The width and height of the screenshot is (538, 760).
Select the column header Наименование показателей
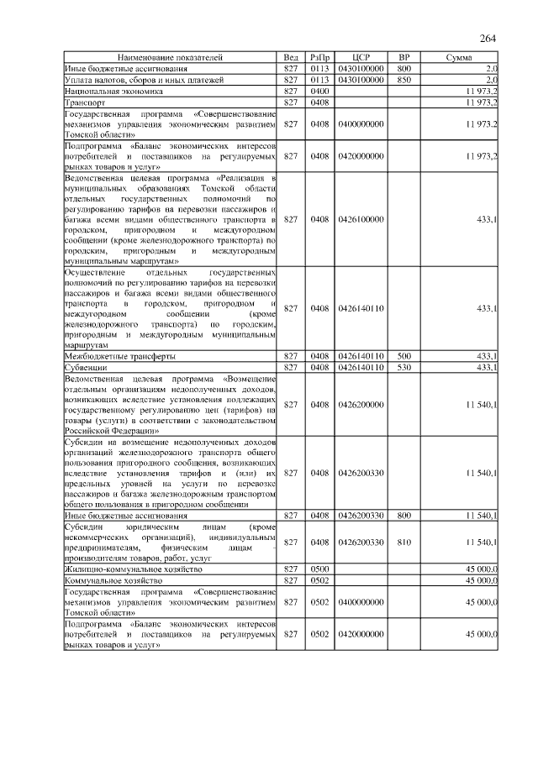[x=171, y=57]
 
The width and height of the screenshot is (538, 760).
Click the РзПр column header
[x=319, y=57]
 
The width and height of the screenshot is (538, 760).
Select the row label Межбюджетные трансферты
[x=119, y=356]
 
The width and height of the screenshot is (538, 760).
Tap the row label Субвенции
[x=85, y=367]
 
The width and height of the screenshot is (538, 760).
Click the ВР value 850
[x=403, y=79]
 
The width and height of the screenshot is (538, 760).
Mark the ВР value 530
[x=403, y=367]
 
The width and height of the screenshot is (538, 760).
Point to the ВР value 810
[x=403, y=542]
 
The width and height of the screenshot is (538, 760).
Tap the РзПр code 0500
[x=319, y=569]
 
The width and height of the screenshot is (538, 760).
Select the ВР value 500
[x=403, y=356]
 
